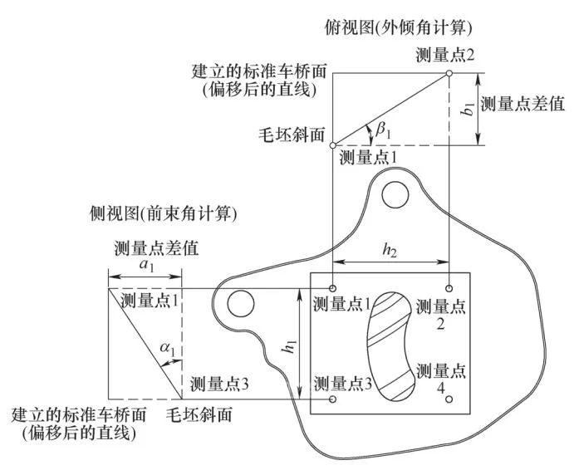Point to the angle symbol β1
pyautogui.click(x=380, y=129)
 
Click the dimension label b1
pyautogui.click(x=469, y=109)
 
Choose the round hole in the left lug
pyautogui.click(x=241, y=304)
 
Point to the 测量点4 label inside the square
pyautogui.click(x=441, y=379)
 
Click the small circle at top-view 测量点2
pyautogui.click(x=449, y=73)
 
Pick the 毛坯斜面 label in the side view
pyautogui.click(x=199, y=413)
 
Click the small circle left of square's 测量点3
pyautogui.click(x=333, y=399)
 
